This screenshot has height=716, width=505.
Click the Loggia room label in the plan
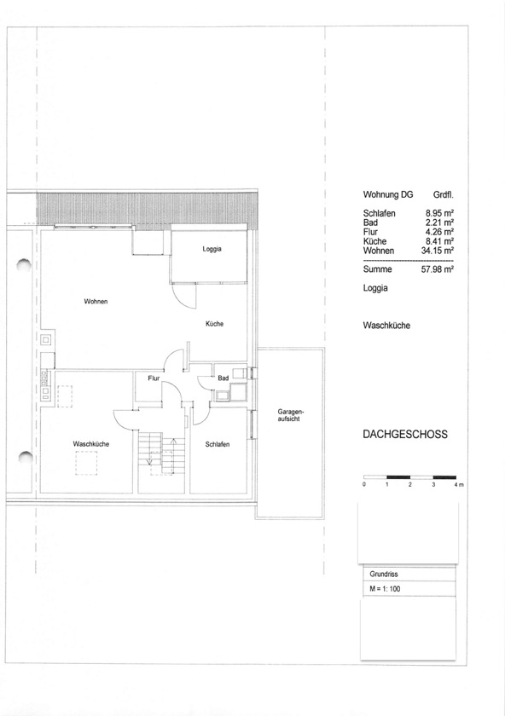[x=212, y=249]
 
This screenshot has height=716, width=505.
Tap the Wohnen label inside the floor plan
[x=96, y=302]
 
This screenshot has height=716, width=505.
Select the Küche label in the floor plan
[x=214, y=324]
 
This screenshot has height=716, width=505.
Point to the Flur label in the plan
[x=154, y=378]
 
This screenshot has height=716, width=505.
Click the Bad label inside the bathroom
[x=223, y=378]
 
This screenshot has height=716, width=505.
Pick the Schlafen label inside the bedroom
[x=218, y=444]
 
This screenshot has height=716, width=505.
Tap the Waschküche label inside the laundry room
[x=91, y=444]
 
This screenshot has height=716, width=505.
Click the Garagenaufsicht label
[x=288, y=415]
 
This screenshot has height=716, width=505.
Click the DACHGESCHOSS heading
[x=405, y=434]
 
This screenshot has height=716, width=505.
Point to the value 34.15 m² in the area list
[x=438, y=251]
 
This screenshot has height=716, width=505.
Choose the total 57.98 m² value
[x=438, y=269]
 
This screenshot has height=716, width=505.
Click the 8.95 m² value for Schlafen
[x=439, y=213]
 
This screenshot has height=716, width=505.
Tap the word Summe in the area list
[x=378, y=269]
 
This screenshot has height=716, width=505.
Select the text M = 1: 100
[x=385, y=589]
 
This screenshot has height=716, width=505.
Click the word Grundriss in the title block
[x=380, y=574]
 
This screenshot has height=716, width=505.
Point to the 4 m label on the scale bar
[x=459, y=484]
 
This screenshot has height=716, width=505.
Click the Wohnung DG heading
[x=388, y=194]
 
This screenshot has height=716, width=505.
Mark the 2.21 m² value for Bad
[x=439, y=222]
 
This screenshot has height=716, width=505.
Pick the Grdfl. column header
[x=444, y=195]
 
